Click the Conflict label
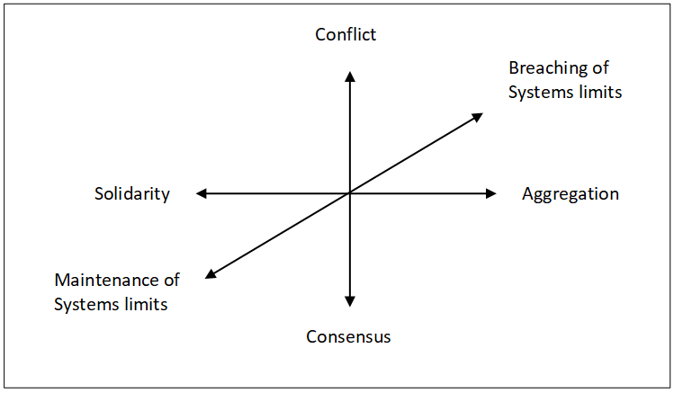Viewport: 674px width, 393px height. (346, 35)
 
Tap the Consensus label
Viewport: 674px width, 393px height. (348, 337)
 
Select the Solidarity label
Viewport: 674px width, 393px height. (132, 194)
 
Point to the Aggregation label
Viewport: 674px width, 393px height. (571, 194)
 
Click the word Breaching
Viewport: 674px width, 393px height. (545, 68)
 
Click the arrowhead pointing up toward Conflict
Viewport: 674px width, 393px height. (350, 76)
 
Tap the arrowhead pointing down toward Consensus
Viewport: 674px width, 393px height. (350, 301)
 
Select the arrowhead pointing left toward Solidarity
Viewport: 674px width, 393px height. (202, 193)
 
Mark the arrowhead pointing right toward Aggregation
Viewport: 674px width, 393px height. (490, 193)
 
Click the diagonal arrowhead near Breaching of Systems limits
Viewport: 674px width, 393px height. (478, 116)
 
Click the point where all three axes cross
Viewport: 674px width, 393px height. (350, 193)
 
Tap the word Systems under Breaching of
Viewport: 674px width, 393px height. (540, 93)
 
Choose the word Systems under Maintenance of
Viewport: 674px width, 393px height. (85, 305)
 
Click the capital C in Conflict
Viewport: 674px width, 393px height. (320, 35)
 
